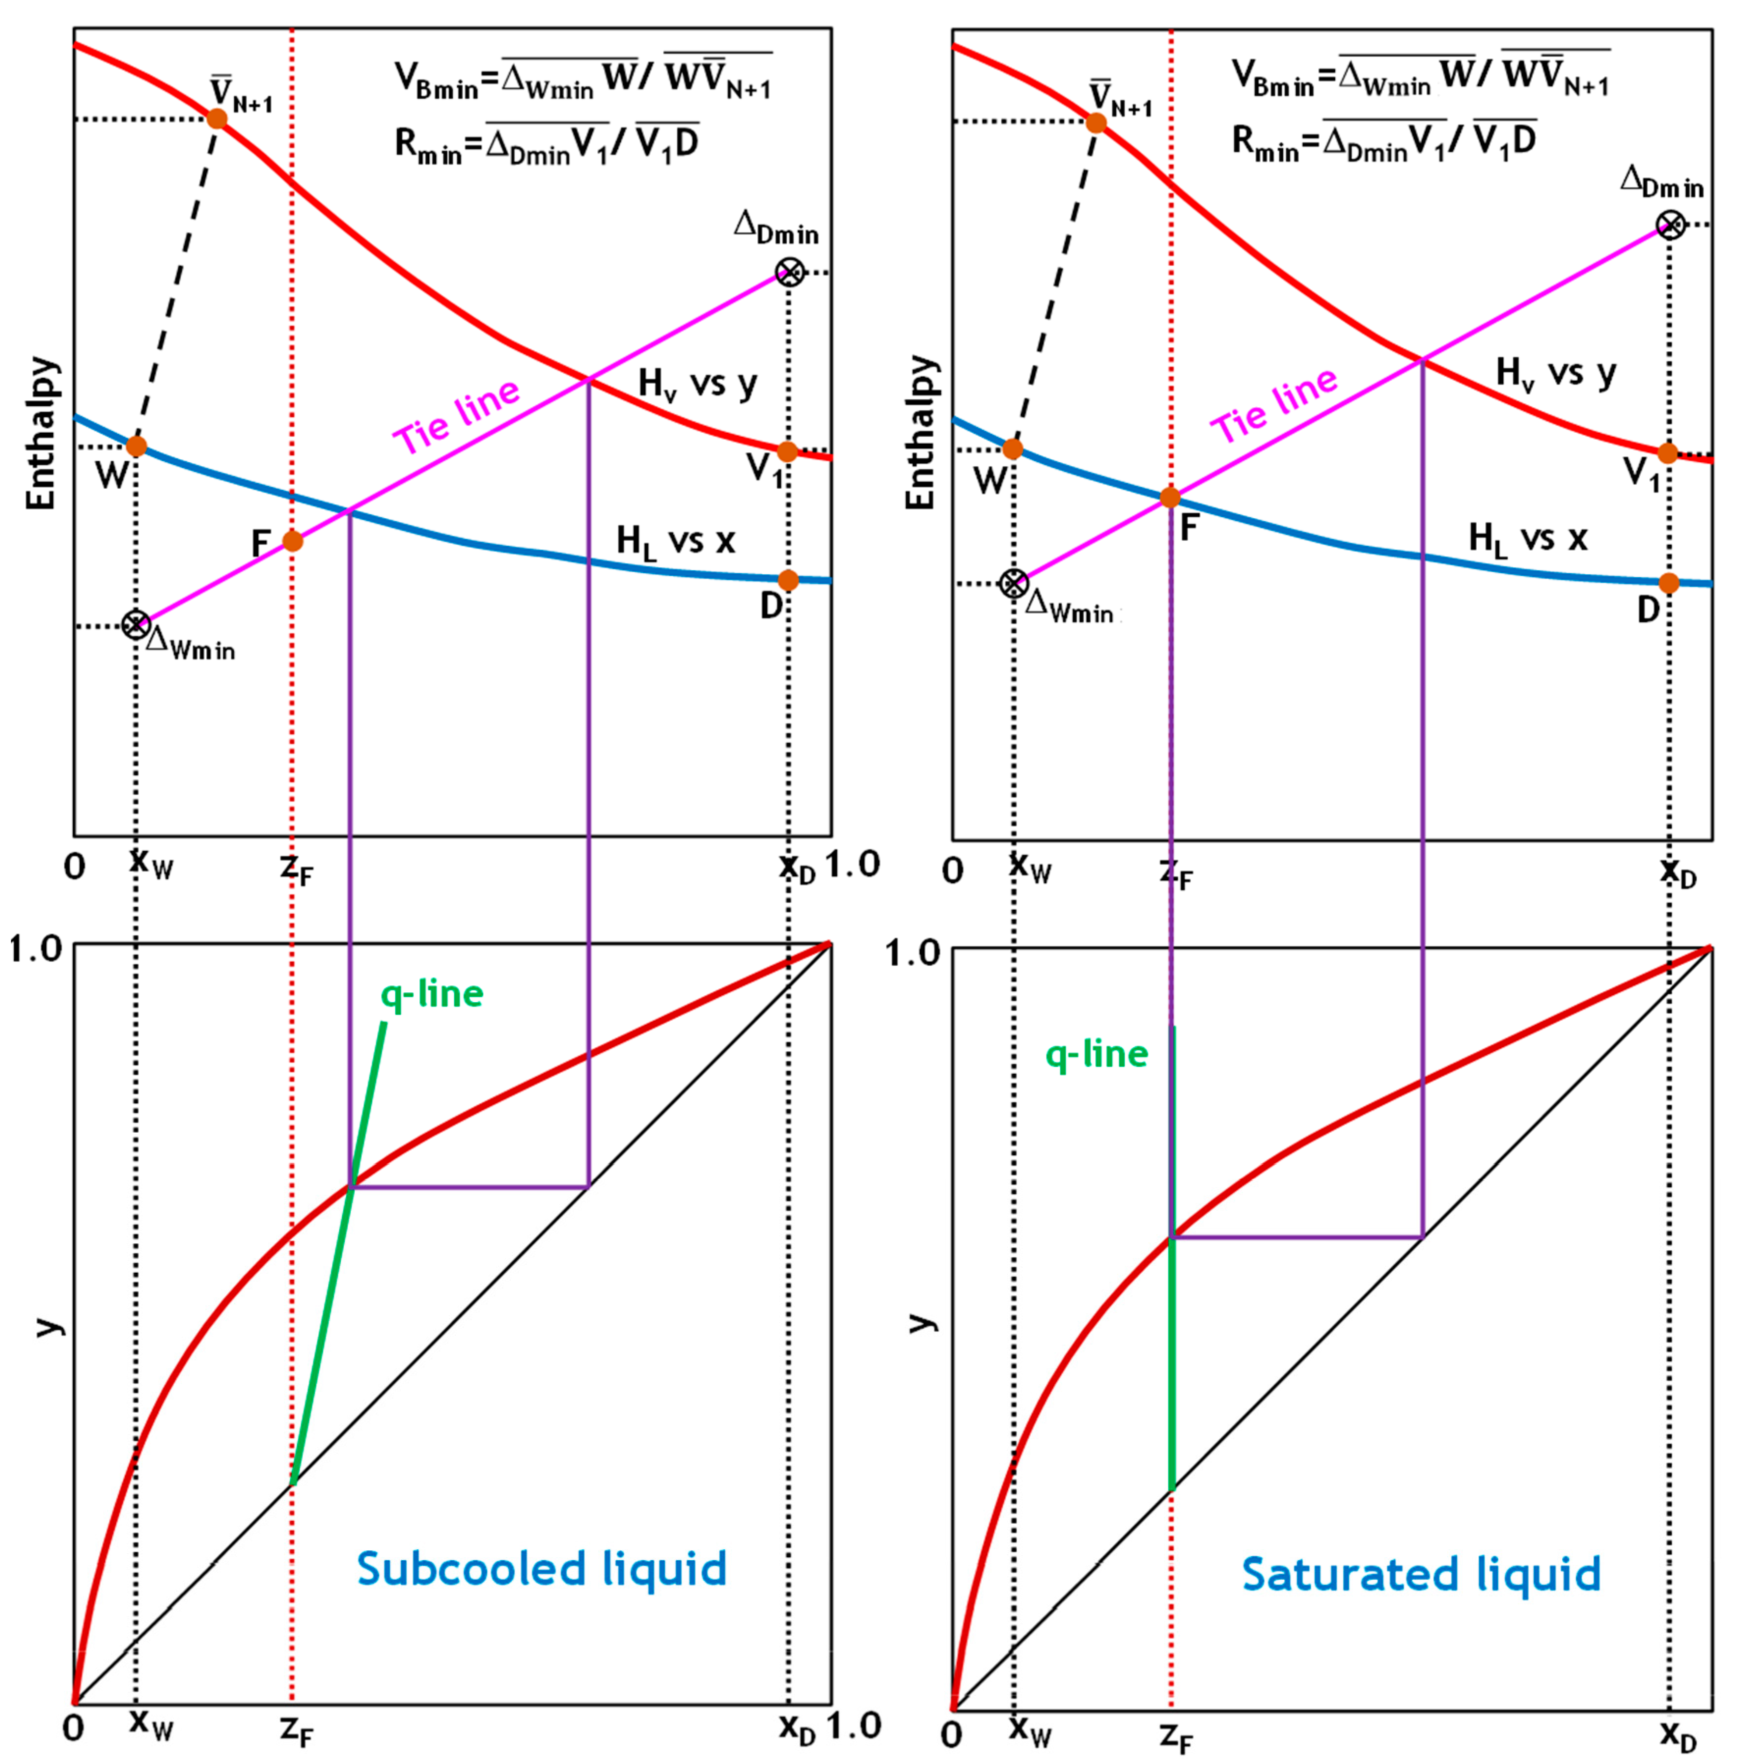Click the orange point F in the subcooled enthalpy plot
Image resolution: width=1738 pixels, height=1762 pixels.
coord(292,541)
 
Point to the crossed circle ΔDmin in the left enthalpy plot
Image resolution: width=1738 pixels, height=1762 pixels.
coord(790,272)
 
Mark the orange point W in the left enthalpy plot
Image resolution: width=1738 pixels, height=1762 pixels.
coord(136,446)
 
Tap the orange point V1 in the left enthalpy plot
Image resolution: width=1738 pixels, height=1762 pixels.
coord(788,451)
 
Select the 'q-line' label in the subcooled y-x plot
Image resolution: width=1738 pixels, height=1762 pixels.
coord(431,994)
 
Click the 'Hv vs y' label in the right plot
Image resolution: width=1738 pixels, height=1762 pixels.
coord(1556,373)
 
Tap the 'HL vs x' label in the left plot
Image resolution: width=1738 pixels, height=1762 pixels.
coord(675,541)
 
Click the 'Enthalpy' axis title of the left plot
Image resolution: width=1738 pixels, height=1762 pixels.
coord(41,433)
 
